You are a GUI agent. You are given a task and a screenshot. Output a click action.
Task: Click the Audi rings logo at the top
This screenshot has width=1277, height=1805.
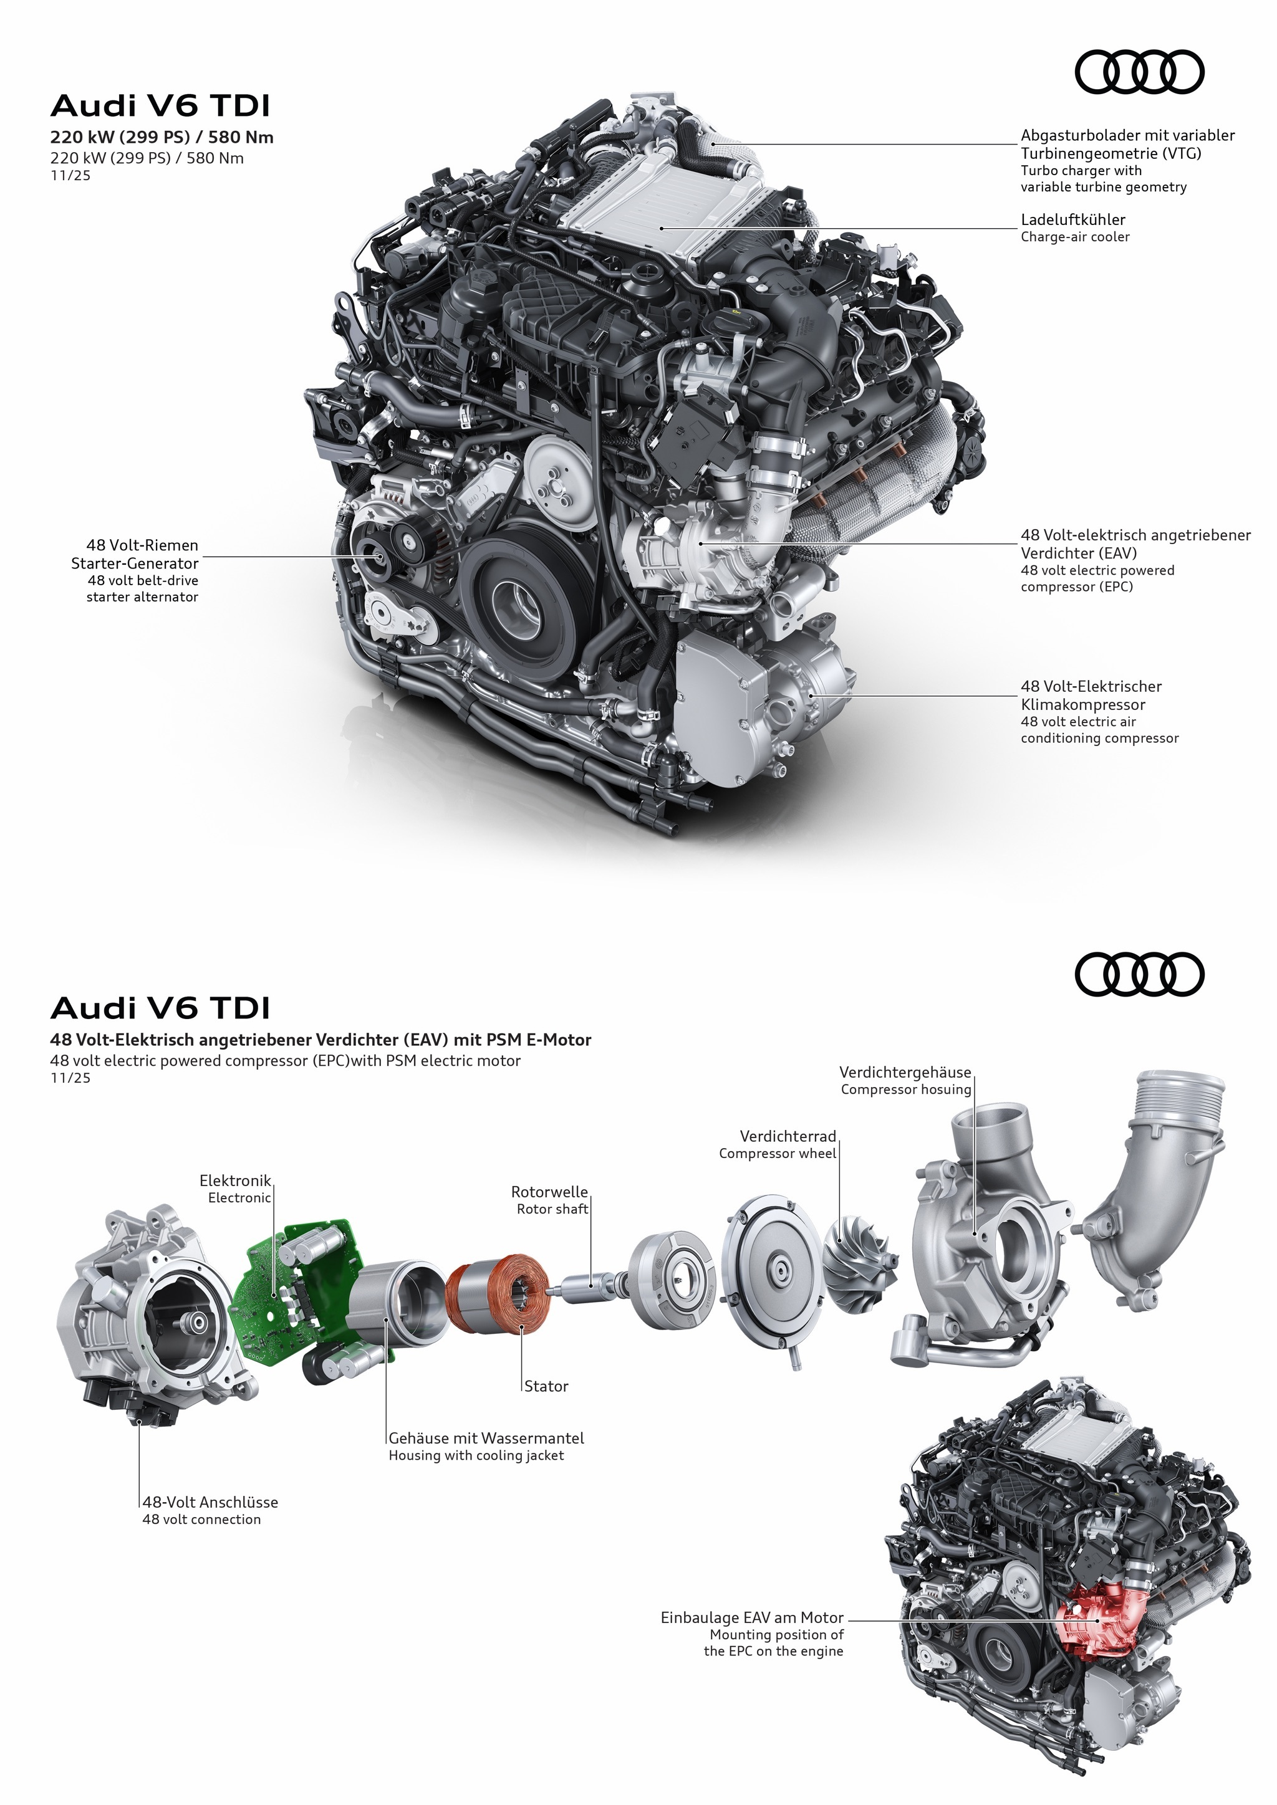coord(1139,73)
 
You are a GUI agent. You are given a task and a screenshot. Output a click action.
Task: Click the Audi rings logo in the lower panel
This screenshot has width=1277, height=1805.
coord(1139,975)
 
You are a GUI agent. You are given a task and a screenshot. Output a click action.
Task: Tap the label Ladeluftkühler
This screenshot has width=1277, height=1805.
coord(1072,219)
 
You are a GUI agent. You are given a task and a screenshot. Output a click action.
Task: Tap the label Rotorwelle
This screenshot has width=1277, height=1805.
coord(549,1192)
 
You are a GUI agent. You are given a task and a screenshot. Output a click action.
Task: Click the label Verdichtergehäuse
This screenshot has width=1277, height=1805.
coord(905,1072)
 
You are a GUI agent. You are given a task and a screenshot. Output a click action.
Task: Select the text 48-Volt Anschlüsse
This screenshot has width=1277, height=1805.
coord(210,1502)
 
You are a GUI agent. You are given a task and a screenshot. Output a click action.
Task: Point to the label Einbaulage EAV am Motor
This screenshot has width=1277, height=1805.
coord(752,1618)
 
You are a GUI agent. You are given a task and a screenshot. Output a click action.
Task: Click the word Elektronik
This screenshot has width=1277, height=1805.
coord(235,1180)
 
